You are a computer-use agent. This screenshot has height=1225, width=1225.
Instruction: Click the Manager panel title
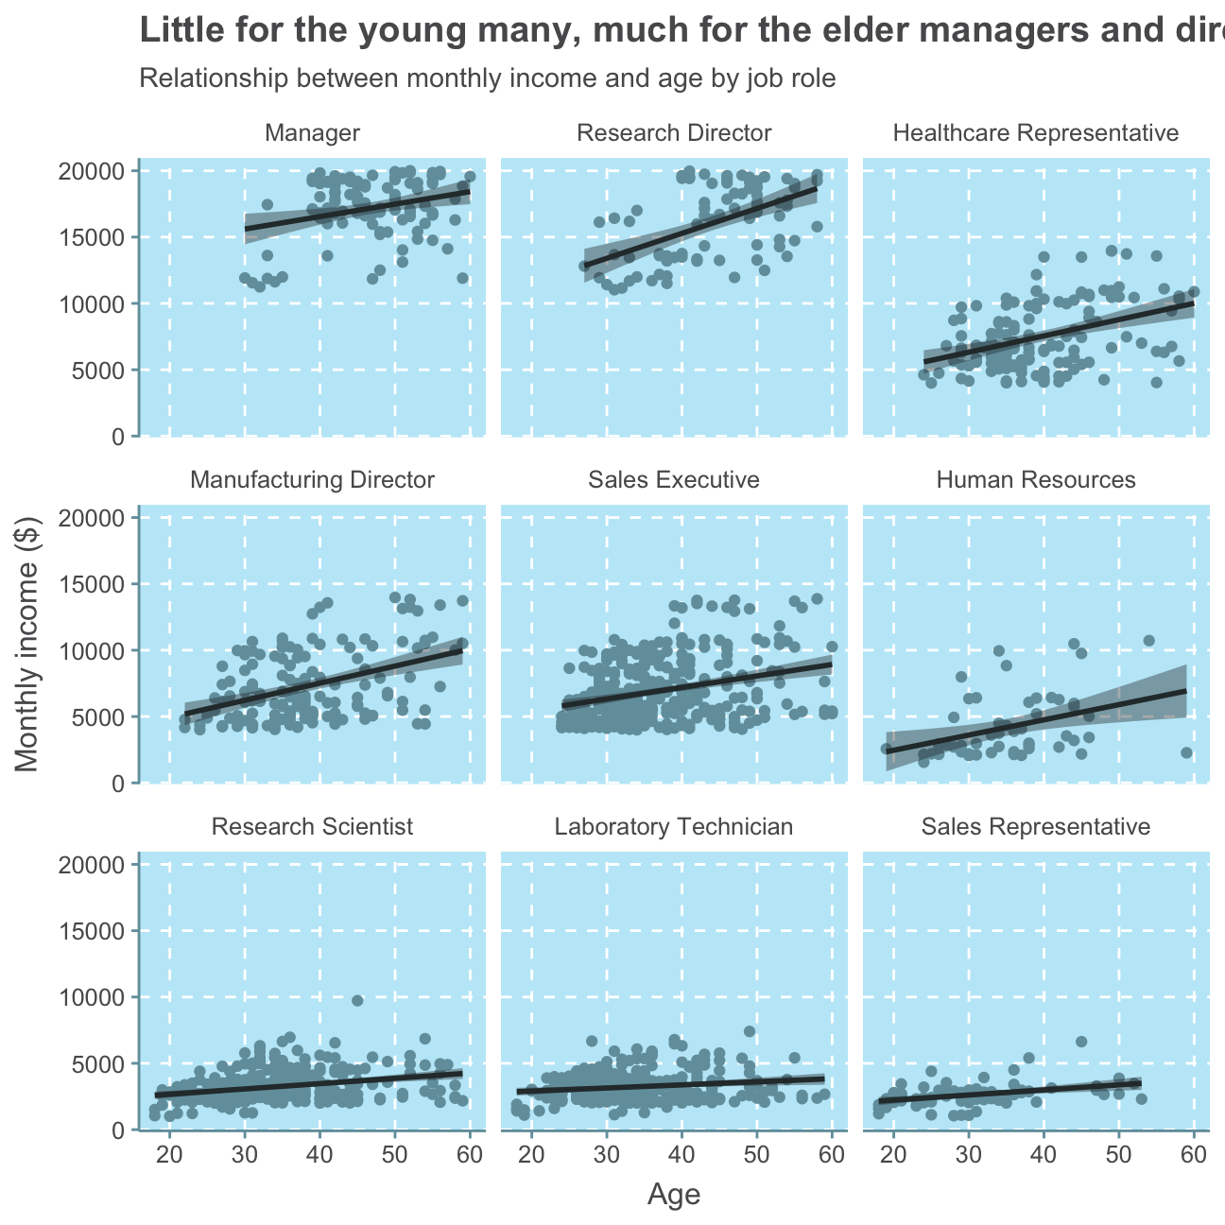[312, 133]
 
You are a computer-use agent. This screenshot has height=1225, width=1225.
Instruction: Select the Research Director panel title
[674, 133]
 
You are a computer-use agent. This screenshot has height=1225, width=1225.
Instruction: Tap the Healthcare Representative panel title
[1036, 133]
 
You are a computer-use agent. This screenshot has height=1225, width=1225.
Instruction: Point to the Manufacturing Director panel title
[312, 480]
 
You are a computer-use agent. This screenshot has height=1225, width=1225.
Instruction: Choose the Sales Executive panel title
[674, 480]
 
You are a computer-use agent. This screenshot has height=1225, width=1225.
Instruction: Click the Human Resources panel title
[1036, 480]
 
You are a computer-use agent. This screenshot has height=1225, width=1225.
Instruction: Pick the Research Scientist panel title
[312, 827]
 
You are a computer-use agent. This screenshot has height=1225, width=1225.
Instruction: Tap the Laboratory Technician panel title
[674, 827]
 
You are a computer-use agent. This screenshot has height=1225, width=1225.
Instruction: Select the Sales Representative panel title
[1036, 827]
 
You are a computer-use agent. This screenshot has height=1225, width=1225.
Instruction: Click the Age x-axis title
[674, 1196]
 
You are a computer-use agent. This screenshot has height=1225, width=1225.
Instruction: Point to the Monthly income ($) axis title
[30, 644]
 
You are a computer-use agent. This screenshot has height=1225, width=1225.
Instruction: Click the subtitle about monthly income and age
[487, 78]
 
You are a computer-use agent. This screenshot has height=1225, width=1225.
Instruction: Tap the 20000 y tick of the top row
[93, 171]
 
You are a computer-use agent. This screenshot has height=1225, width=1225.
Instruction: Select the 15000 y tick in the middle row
[93, 584]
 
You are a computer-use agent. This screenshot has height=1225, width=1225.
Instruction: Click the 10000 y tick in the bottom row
[93, 998]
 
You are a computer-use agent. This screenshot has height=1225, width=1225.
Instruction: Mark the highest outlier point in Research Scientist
[357, 1000]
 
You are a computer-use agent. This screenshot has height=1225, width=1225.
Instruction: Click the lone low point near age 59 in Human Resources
[1186, 752]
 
